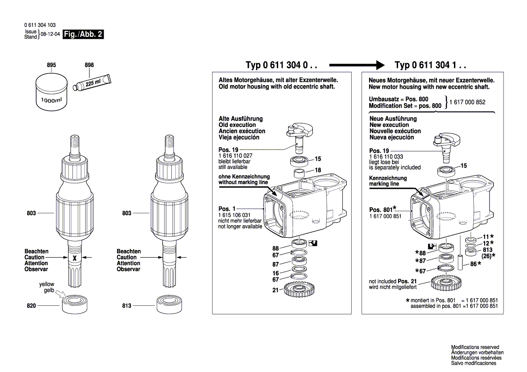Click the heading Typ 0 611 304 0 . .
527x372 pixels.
pyautogui.click(x=281, y=65)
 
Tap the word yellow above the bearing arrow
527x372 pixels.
pyautogui.click(x=46, y=285)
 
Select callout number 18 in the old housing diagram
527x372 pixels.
pyautogui.click(x=317, y=170)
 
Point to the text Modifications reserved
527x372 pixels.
pyautogui.click(x=475, y=347)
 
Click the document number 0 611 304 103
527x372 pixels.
pyautogui.click(x=40, y=25)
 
